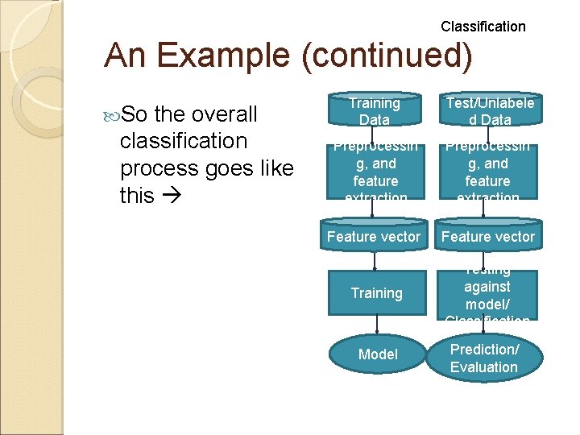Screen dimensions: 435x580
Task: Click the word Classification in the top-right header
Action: [483, 27]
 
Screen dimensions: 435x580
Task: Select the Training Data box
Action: [374, 111]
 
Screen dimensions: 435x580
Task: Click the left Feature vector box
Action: [374, 237]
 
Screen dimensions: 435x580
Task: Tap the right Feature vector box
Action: [487, 237]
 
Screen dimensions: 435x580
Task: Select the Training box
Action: [376, 293]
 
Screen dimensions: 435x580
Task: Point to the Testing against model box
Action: [487, 293]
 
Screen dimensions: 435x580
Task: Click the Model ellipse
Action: [378, 354]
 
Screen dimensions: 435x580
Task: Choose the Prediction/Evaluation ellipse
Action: [483, 358]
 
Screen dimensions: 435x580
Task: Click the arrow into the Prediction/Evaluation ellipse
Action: [484, 327]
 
